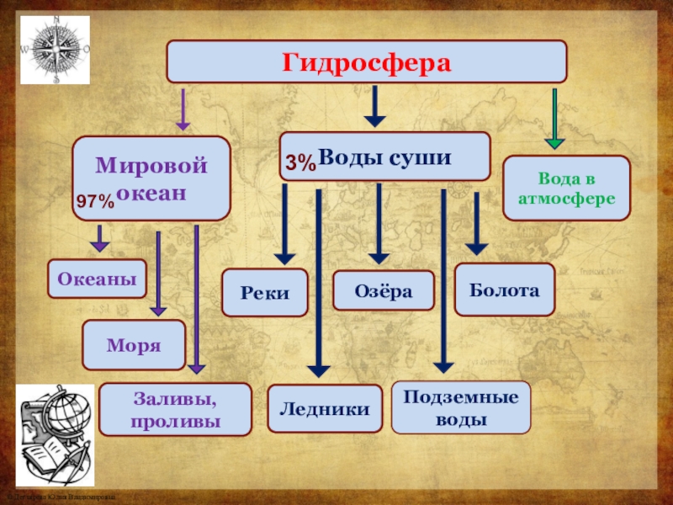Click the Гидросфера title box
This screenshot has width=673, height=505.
tap(367, 62)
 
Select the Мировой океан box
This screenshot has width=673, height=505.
tap(151, 178)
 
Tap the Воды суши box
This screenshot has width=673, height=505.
tap(384, 157)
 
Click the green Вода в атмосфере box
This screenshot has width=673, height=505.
tap(566, 188)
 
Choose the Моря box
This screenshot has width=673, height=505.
tap(134, 345)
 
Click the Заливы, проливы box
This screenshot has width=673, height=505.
tap(176, 409)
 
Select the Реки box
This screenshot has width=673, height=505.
tap(265, 293)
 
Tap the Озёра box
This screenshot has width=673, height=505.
tap(384, 291)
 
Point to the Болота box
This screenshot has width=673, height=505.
tap(505, 289)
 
